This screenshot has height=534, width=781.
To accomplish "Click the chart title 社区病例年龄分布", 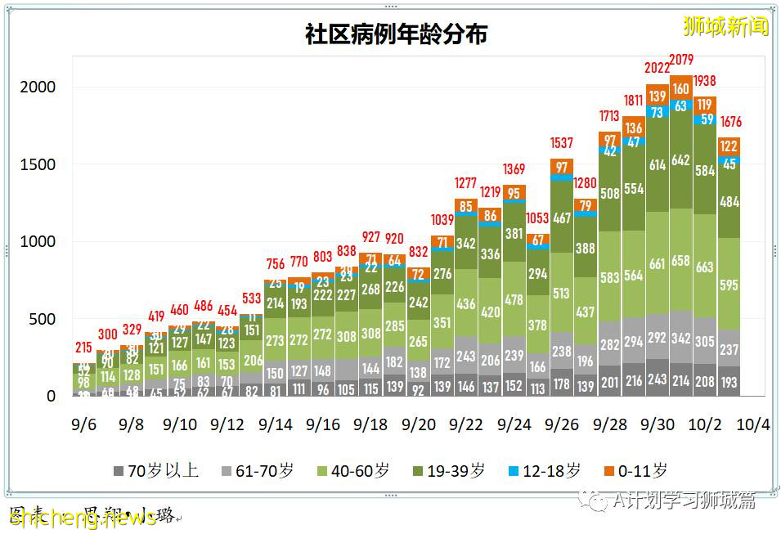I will click(397, 35).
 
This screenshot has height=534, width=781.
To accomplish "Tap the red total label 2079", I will click(682, 59).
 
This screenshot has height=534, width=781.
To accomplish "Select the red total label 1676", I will click(729, 123).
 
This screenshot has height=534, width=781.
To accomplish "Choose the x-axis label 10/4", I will click(752, 425).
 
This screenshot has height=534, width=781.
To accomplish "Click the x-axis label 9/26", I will click(561, 425).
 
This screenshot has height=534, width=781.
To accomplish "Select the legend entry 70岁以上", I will click(156, 470).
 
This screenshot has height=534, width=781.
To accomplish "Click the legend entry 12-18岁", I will click(544, 470).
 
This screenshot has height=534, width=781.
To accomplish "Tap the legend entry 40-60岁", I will click(352, 470).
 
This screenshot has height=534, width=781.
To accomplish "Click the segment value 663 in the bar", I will click(705, 267).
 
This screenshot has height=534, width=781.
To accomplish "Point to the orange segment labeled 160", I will click(681, 89).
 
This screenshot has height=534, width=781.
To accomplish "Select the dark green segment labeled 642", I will click(681, 160).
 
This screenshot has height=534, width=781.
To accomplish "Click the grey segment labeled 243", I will click(658, 380).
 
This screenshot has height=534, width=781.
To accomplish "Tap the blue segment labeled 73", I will click(658, 113).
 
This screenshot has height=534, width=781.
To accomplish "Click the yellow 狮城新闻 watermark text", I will click(726, 27).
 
